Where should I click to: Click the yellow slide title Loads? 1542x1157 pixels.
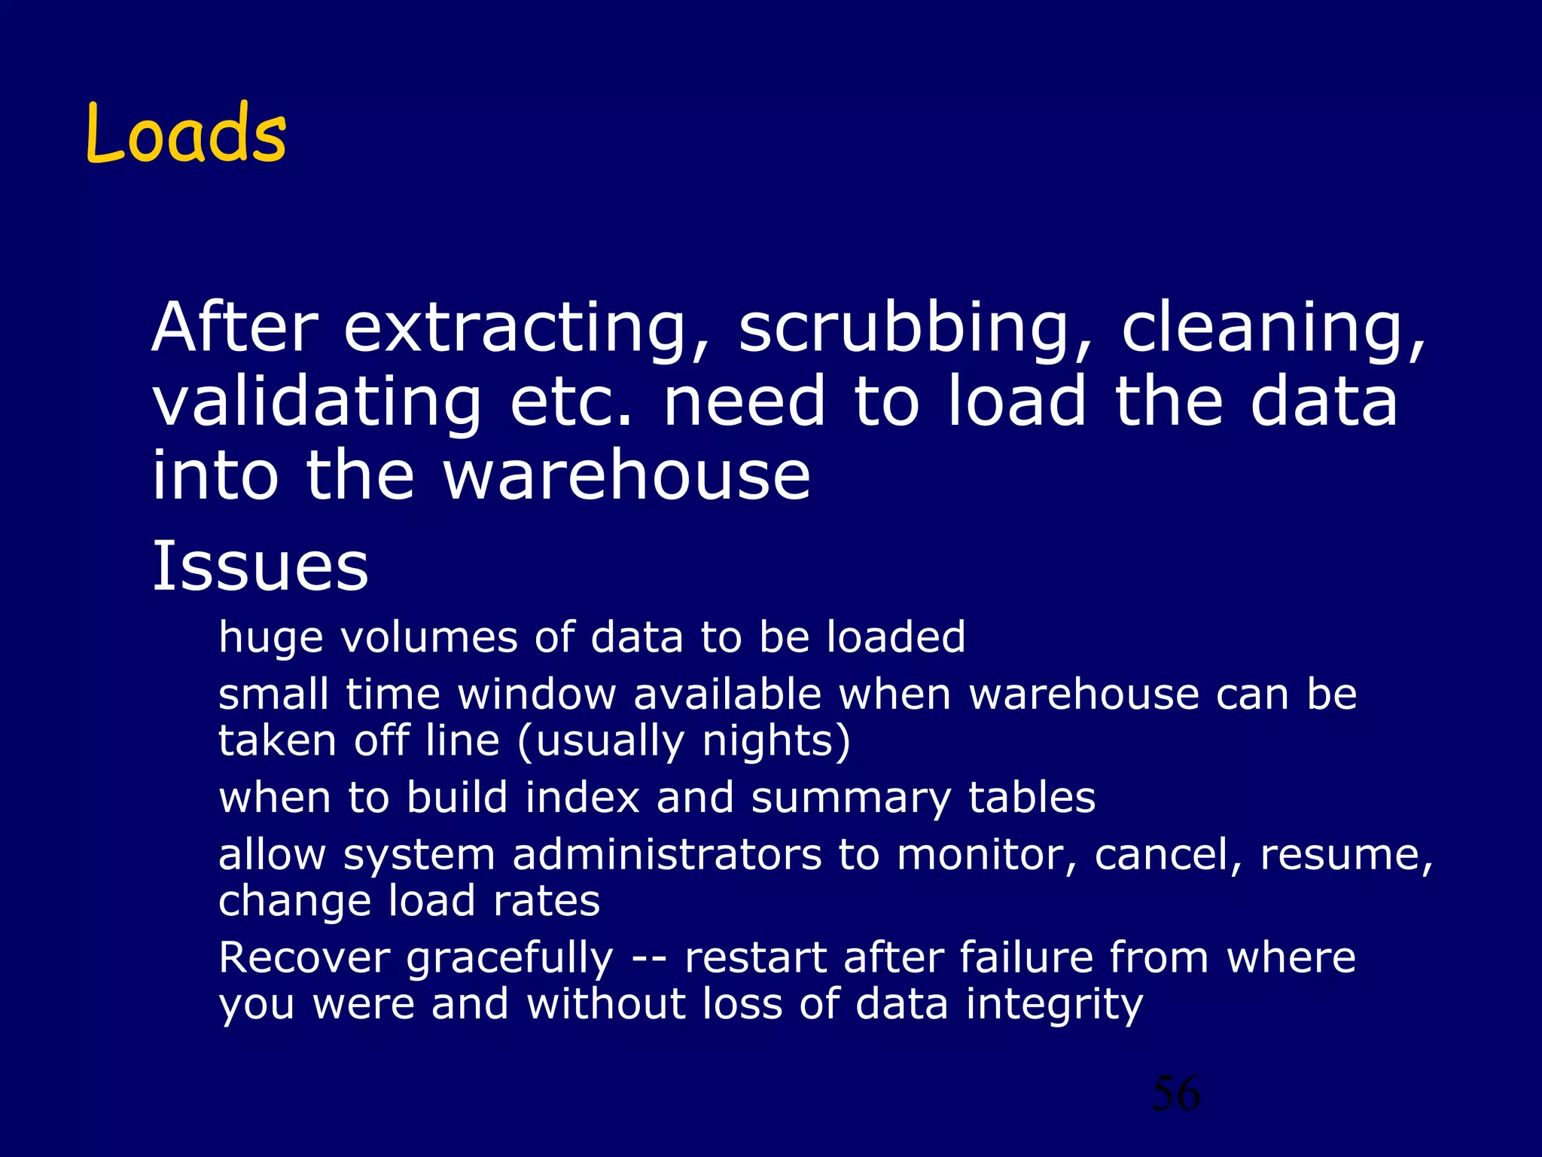(x=186, y=133)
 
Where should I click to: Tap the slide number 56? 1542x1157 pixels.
(x=1175, y=1094)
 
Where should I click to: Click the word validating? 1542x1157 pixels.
(x=316, y=402)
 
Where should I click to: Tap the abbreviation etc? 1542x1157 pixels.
(x=572, y=402)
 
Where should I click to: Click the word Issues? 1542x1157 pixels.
(x=261, y=566)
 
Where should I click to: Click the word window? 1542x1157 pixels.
(x=537, y=694)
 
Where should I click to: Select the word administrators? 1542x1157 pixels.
(x=667, y=855)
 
